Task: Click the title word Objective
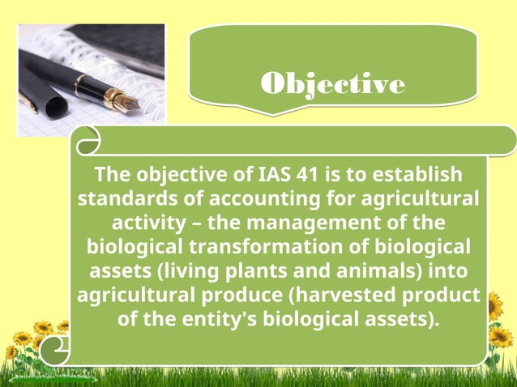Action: click(333, 84)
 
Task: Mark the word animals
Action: click(375, 269)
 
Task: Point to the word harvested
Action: click(352, 293)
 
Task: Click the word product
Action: click(444, 293)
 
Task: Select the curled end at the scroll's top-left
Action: click(86, 142)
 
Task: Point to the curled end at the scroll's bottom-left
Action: click(56, 351)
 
